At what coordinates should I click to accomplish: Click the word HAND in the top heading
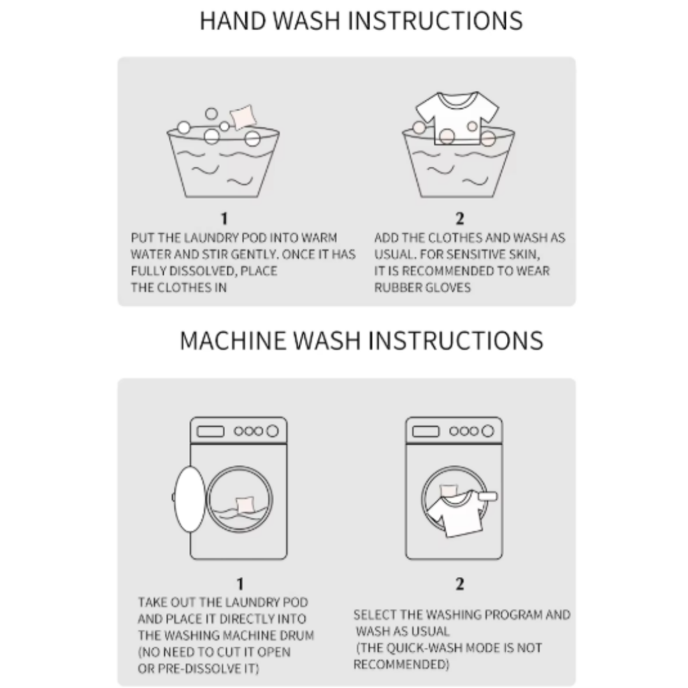233,20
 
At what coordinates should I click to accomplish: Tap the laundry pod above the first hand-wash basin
243,117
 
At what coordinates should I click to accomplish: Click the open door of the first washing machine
190,499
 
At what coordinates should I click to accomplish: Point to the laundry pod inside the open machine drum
245,505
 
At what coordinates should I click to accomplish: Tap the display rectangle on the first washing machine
210,431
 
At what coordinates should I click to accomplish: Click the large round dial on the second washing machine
487,431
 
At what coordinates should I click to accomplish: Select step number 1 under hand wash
224,218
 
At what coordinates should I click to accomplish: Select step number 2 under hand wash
459,218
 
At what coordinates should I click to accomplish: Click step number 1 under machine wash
240,584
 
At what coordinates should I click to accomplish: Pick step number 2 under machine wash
459,584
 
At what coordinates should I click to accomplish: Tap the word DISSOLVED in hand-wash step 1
197,271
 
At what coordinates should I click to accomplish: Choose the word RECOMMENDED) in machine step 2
401,664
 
